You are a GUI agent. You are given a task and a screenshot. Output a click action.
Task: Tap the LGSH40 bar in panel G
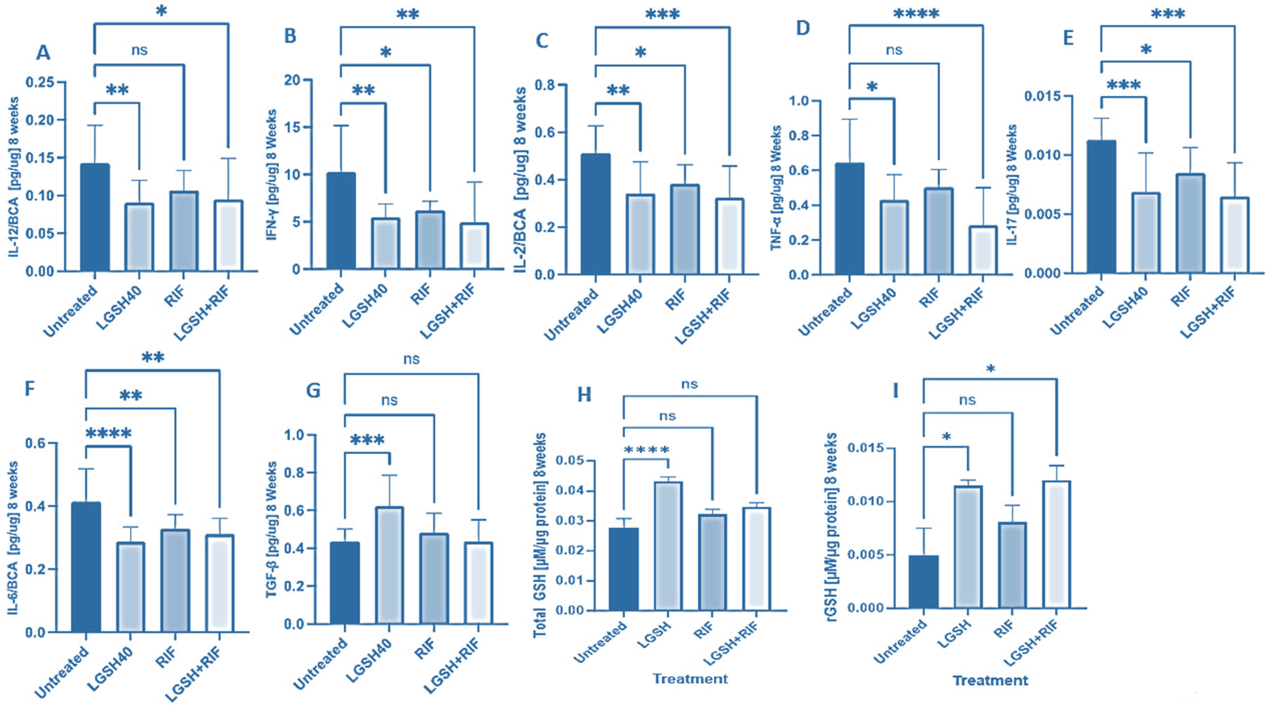(x=389, y=565)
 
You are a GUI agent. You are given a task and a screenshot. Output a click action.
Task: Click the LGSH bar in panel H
(x=668, y=546)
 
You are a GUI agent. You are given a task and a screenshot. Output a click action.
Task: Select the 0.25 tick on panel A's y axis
(x=40, y=82)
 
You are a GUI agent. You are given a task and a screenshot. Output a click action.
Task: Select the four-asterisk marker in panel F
(x=109, y=434)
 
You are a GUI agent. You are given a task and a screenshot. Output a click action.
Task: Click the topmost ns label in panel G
(x=411, y=359)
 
